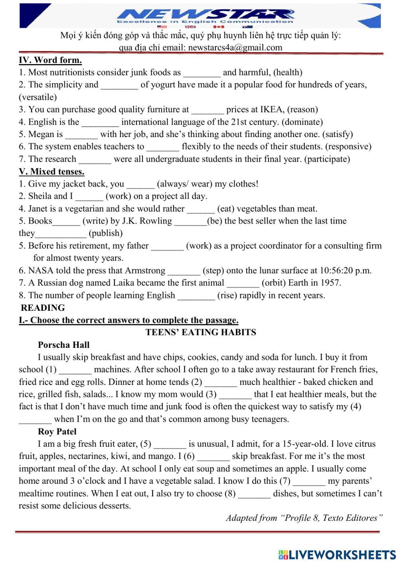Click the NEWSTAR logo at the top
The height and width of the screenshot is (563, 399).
pyautogui.click(x=205, y=15)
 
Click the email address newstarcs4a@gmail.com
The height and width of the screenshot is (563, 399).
pyautogui.click(x=235, y=48)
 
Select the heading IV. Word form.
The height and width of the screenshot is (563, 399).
pyautogui.click(x=50, y=60)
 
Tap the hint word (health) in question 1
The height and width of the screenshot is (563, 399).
pyautogui.click(x=288, y=73)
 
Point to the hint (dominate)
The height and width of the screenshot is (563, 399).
pyautogui.click(x=302, y=122)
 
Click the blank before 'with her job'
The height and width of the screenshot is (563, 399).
pyautogui.click(x=81, y=135)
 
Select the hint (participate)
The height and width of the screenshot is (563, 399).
pyautogui.click(x=327, y=159)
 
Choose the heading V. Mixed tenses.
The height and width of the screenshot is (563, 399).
pyautogui.click(x=51, y=172)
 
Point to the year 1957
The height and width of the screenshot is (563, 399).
pyautogui.click(x=330, y=283)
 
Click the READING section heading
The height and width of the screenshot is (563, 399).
pyautogui.click(x=43, y=308)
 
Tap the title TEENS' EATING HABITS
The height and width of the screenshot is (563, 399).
pyautogui.click(x=201, y=332)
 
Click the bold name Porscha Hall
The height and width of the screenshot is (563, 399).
pyautogui.click(x=63, y=345)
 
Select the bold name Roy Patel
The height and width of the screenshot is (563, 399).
pyautogui.click(x=57, y=432)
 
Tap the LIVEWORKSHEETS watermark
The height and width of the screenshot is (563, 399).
pyautogui.click(x=337, y=554)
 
